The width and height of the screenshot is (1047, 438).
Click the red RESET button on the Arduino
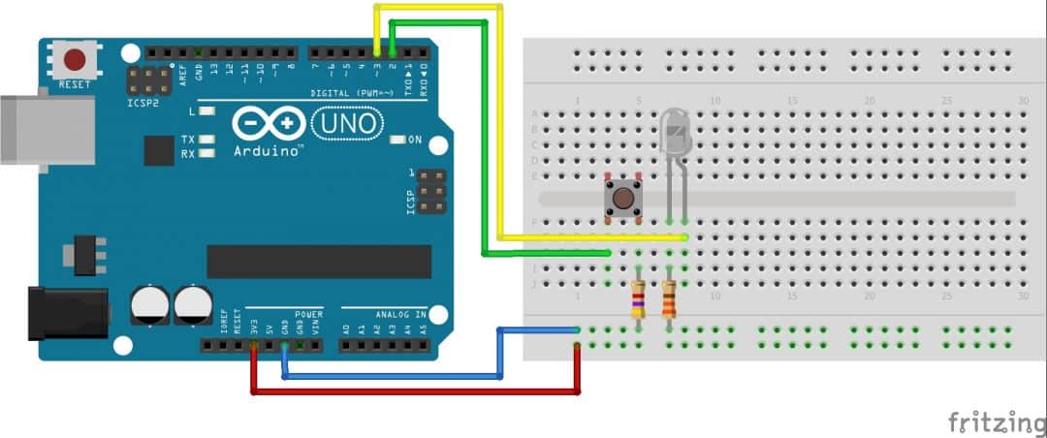[x=75, y=60]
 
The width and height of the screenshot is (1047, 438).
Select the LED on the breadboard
[x=677, y=132]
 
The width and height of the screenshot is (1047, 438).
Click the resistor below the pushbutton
[x=638, y=298]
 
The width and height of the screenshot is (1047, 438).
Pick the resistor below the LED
[x=670, y=298]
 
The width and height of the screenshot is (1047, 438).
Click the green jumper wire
[x=483, y=145]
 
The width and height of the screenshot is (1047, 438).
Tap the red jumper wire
[x=417, y=391]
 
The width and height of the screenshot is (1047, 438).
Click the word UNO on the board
[x=346, y=124]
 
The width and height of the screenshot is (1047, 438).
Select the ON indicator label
[x=415, y=141]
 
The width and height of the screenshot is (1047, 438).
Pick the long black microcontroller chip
[x=319, y=261]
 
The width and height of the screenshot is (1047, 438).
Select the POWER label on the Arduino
[x=308, y=314]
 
